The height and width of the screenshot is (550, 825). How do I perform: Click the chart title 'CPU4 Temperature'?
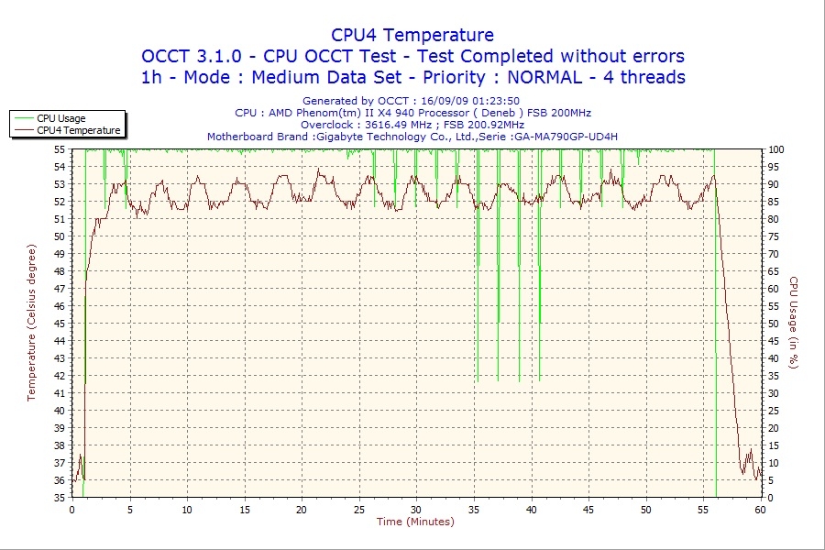(x=412, y=35)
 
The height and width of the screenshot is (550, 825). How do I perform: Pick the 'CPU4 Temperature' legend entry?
(x=79, y=130)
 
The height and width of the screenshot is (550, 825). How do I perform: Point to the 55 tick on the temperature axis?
(x=60, y=149)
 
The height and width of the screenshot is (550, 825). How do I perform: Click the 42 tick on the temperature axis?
(x=60, y=376)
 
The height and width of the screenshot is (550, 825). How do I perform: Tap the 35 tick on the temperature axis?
(x=60, y=498)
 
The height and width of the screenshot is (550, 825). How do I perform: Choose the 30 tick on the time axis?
(x=416, y=510)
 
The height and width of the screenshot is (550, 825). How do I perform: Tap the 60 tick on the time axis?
(x=760, y=510)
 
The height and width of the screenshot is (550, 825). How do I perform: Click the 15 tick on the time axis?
(x=244, y=510)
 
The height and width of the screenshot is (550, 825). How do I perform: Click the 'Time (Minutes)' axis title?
(x=415, y=522)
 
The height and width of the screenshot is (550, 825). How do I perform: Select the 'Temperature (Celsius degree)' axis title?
(x=32, y=324)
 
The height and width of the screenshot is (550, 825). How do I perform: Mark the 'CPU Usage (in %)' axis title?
(x=794, y=324)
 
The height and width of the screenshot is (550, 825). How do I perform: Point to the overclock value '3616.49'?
(x=384, y=125)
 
